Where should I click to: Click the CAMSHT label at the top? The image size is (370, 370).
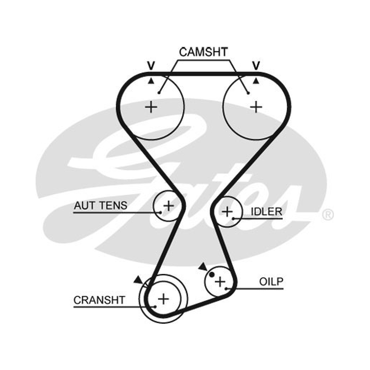click(203, 52)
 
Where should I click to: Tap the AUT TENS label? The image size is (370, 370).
click(100, 205)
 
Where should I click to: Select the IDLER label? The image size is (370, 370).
click(266, 212)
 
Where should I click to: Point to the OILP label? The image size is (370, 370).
click(271, 282)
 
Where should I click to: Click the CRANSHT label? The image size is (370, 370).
click(99, 300)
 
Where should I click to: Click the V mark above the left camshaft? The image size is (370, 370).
click(151, 65)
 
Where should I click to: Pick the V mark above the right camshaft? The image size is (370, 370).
click(256, 65)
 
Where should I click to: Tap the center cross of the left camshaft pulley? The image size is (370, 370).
click(151, 107)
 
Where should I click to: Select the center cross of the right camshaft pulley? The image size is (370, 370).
click(256, 108)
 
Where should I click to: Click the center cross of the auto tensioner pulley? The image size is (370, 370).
click(169, 206)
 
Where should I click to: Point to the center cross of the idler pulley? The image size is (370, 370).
click(227, 212)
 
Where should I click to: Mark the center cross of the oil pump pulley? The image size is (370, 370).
click(220, 282)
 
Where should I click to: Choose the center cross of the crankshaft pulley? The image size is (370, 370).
click(163, 299)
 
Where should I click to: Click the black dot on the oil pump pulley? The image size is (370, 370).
click(212, 274)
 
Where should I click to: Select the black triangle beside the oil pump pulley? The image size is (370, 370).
click(203, 267)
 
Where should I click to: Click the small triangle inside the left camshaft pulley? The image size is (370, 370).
click(151, 81)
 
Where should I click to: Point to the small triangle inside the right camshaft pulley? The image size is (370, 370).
click(256, 81)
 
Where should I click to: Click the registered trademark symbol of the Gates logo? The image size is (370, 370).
click(327, 215)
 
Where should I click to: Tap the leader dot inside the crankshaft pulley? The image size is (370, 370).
click(155, 307)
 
